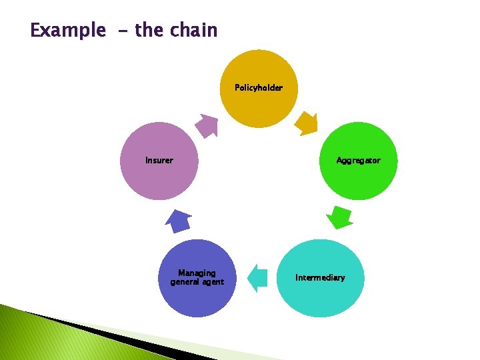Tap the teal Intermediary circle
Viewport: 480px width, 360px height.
tap(320, 278)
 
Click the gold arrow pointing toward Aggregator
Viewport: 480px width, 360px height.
tap(307, 123)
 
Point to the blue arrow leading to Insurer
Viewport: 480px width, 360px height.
tap(177, 220)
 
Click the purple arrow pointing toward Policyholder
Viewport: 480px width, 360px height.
tap(207, 125)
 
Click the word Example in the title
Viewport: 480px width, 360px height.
tap(67, 31)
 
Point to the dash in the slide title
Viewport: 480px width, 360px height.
tap(120, 31)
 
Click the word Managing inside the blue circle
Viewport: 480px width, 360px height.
tap(197, 273)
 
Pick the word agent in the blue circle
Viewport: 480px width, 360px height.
tap(211, 282)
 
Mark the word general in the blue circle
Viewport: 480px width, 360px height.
tap(184, 282)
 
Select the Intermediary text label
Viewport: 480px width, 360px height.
tap(320, 278)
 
